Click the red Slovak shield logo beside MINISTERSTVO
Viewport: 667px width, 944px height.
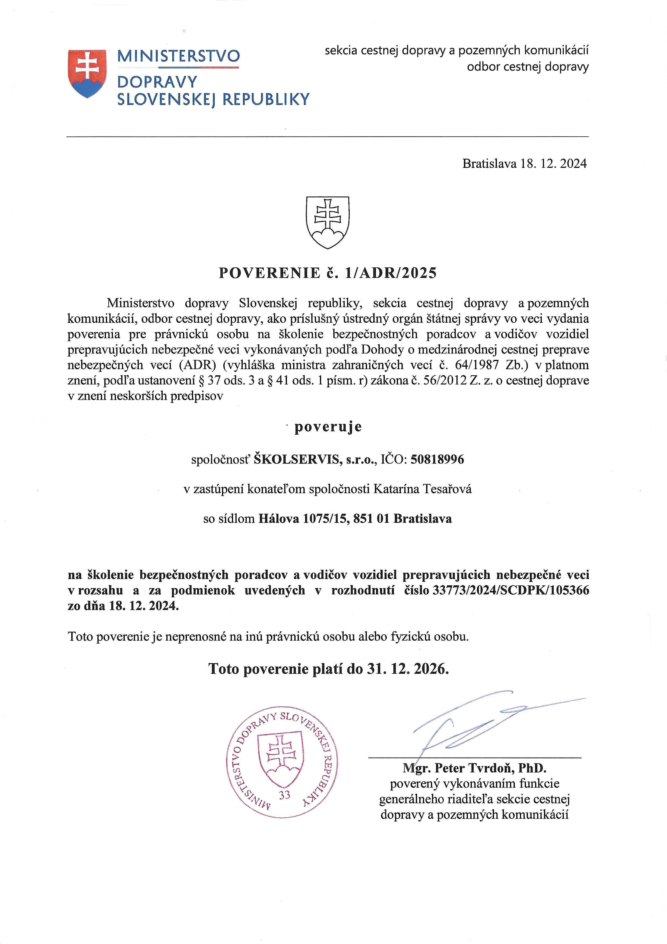[x=87, y=74]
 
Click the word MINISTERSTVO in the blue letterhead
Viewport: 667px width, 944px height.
[x=178, y=56]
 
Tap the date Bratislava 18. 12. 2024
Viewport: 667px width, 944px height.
[x=525, y=164]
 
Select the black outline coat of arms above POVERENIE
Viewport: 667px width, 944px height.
[x=327, y=222]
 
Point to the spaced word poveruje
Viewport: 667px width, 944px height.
[x=328, y=427]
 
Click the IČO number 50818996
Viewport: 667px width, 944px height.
[x=437, y=459]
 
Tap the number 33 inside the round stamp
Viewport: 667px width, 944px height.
[x=284, y=795]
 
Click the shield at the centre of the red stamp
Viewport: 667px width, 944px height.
[x=280, y=760]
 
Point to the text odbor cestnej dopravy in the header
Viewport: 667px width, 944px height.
[x=528, y=67]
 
